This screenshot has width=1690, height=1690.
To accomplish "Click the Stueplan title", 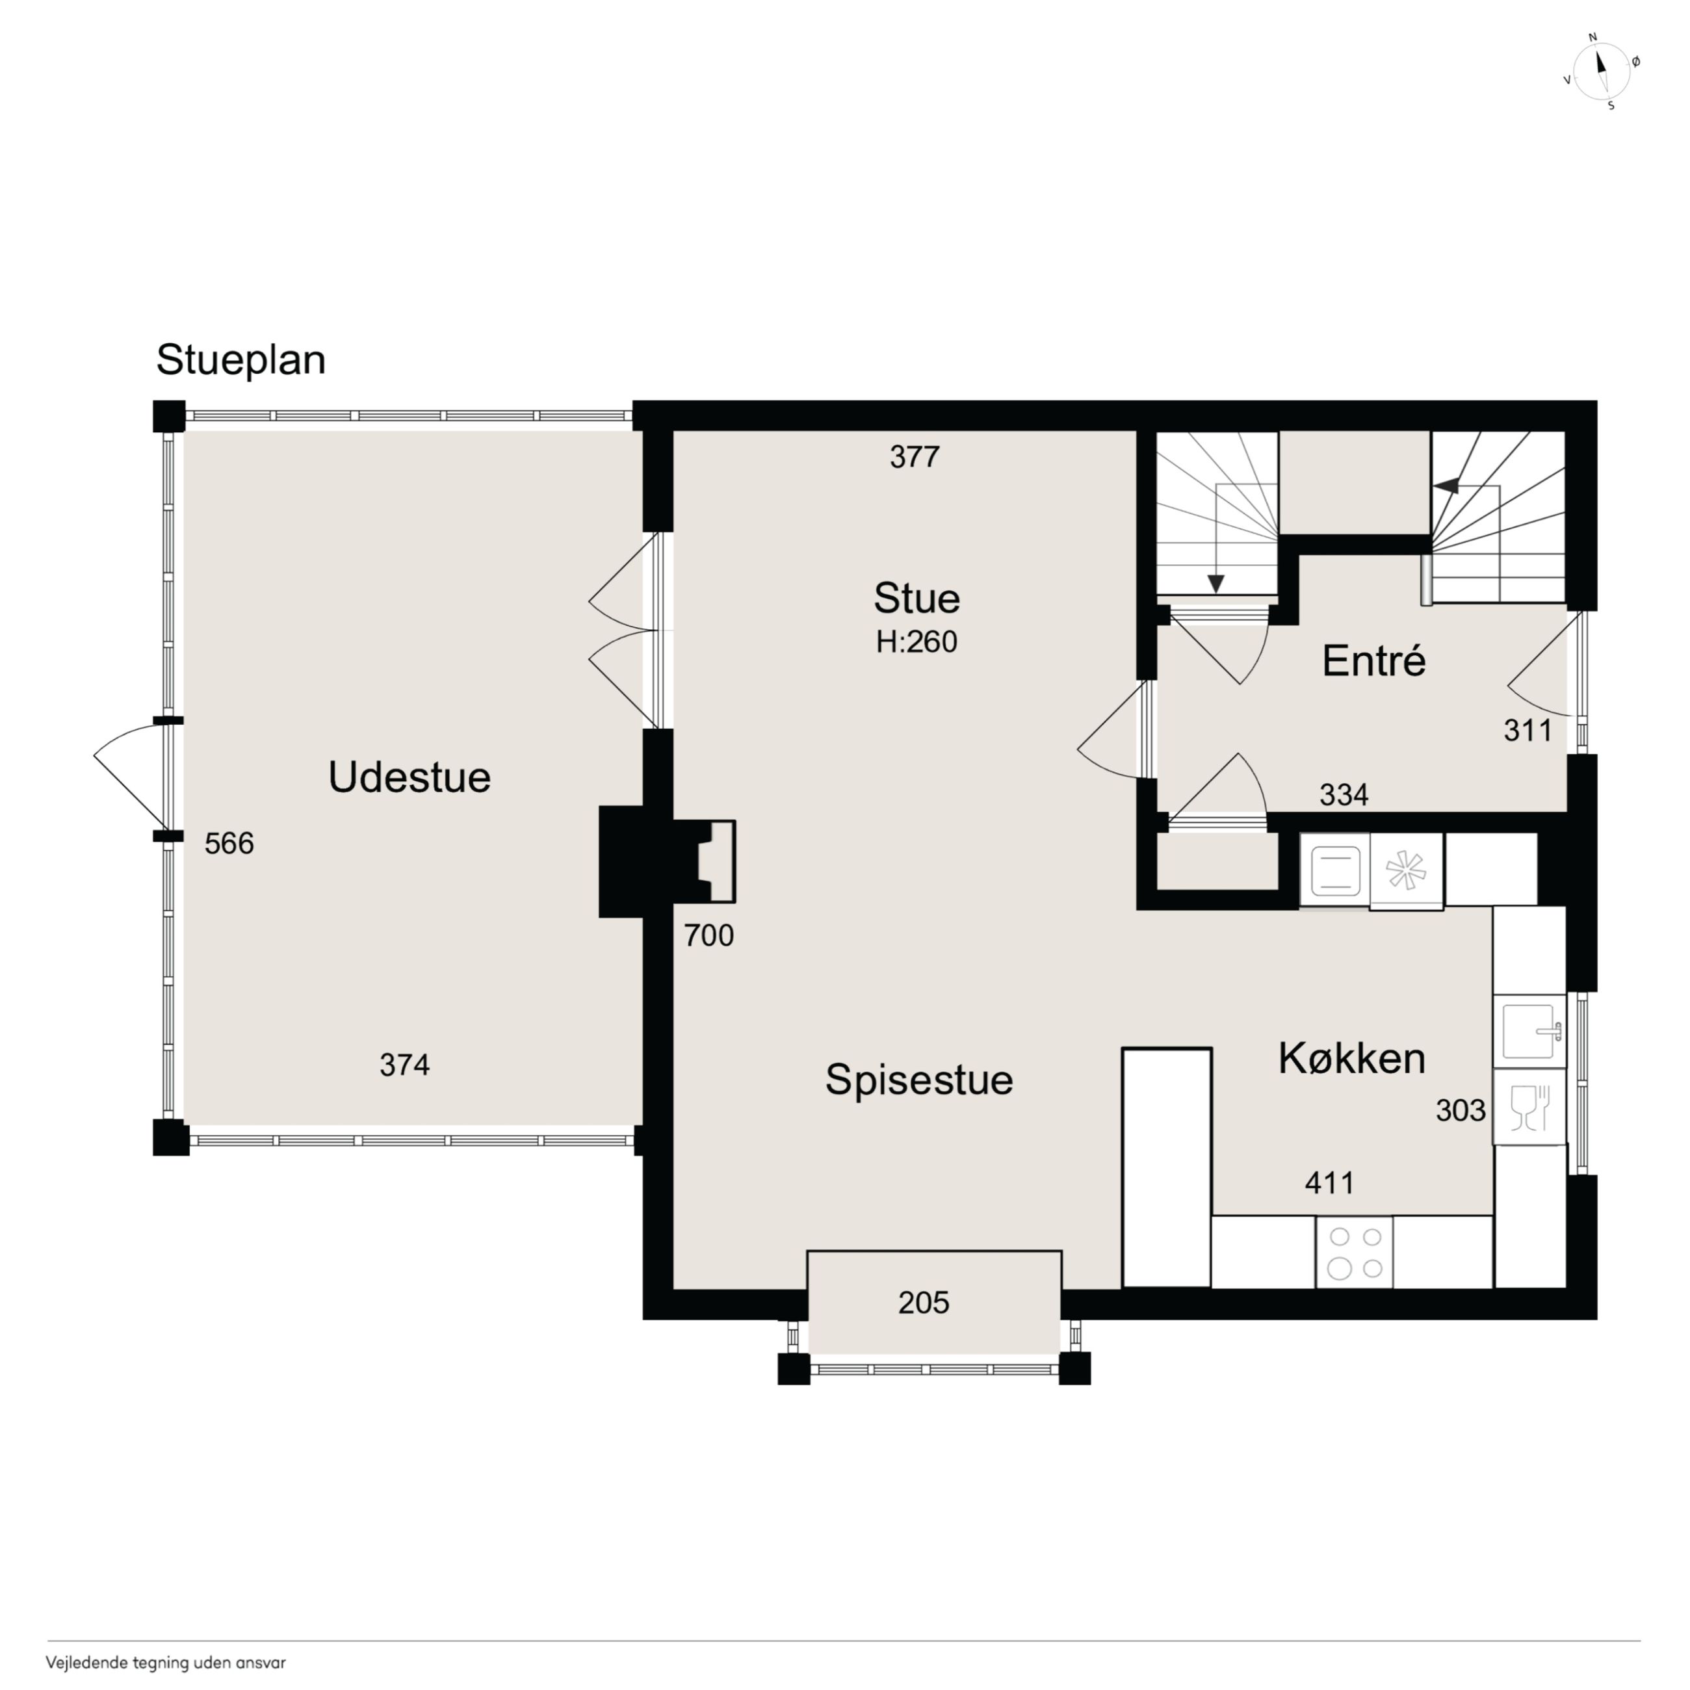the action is click(x=240, y=360).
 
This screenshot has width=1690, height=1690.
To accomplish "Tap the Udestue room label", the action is click(x=409, y=777).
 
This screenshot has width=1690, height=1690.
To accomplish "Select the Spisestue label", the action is click(x=919, y=1080).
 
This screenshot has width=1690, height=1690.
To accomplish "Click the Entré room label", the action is click(x=1373, y=660).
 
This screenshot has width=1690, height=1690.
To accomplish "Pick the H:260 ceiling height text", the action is click(x=916, y=642).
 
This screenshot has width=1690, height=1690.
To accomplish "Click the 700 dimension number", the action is click(x=708, y=936).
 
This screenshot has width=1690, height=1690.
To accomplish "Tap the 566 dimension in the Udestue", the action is click(x=229, y=843).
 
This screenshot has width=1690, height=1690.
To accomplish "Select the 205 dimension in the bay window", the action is click(x=924, y=1303).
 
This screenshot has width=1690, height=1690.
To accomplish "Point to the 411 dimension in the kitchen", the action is click(x=1330, y=1182).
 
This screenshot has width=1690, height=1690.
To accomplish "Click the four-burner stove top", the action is click(x=1354, y=1252).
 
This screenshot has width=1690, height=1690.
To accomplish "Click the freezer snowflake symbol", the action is click(x=1406, y=870).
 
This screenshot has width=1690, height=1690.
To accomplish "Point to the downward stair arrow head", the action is click(x=1215, y=584).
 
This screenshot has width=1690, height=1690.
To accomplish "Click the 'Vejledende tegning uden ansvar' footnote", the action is click(x=166, y=1662).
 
